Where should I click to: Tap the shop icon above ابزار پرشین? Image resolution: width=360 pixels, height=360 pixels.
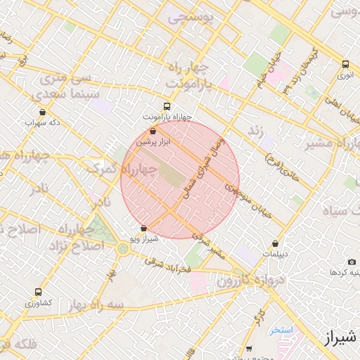[x=153, y=131]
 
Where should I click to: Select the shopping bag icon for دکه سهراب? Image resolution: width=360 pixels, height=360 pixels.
[x=42, y=111]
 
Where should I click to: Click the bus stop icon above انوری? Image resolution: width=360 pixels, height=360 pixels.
[x=344, y=63]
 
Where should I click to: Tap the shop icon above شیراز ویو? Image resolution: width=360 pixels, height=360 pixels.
[x=144, y=228]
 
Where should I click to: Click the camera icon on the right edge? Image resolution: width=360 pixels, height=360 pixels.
[x=352, y=262]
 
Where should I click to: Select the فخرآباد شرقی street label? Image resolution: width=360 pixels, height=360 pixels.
[x=169, y=265]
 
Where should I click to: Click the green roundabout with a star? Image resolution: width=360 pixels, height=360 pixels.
[x=124, y=248]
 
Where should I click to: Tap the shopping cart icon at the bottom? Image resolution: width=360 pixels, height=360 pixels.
[x=249, y=349]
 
